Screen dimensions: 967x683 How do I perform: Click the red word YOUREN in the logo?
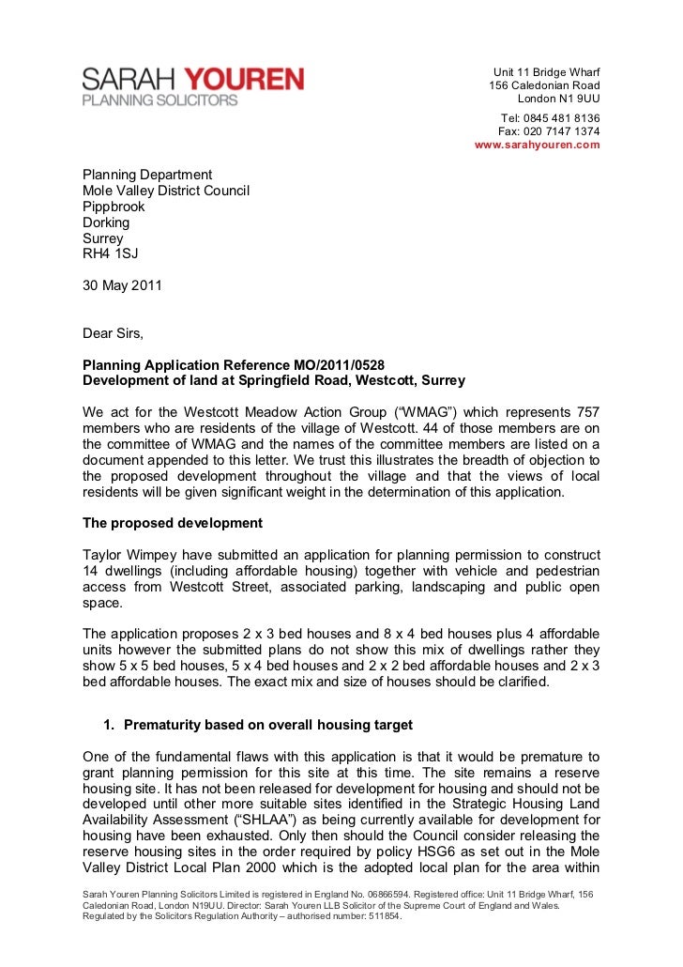(243, 80)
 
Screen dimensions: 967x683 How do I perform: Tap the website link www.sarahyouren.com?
(538, 146)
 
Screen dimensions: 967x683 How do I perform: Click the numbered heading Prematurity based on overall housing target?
(267, 724)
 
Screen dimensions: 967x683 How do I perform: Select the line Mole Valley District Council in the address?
(166, 191)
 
